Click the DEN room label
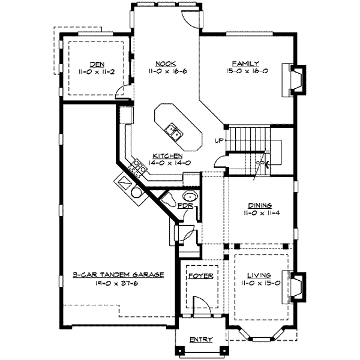[97, 65]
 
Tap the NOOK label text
[166, 64]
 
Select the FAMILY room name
[245, 64]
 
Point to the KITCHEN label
[167, 155]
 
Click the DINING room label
[260, 205]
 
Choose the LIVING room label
[259, 275]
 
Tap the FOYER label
[201, 276]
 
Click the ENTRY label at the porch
[201, 340]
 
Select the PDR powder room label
[185, 205]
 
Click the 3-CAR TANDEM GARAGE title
[118, 275]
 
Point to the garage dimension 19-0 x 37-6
[116, 283]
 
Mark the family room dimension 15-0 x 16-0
[247, 71]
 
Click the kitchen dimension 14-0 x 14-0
[169, 163]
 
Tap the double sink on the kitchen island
[174, 132]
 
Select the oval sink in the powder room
[190, 196]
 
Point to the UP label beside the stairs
[219, 140]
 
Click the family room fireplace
[294, 80]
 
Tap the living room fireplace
[294, 287]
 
